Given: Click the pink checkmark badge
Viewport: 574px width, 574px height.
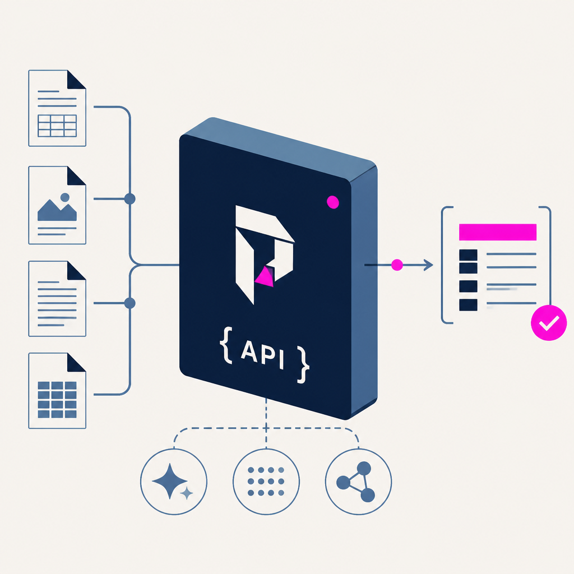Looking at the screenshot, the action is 549,322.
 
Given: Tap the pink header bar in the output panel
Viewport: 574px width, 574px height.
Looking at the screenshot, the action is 498,232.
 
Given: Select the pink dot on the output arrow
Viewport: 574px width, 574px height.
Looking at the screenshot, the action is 397,265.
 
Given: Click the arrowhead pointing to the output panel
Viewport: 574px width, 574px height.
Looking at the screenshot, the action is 429,265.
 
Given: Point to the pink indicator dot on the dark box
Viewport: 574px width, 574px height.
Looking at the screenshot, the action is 333,202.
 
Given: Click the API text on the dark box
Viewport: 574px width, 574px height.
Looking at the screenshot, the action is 262,354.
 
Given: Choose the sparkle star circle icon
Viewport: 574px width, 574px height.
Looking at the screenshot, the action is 174,482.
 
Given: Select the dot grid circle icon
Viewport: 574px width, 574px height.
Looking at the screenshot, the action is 266,482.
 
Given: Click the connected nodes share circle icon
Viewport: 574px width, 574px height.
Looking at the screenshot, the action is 358,482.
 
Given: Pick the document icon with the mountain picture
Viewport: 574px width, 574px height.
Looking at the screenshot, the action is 57,205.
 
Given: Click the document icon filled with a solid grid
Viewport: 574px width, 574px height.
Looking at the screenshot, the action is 57,391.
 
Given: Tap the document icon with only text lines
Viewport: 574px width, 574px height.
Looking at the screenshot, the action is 57,299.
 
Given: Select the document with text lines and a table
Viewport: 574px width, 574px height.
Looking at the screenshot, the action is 57,108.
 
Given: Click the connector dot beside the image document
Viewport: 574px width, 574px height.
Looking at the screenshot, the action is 130,199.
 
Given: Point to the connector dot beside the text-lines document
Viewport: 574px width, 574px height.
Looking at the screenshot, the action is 130,303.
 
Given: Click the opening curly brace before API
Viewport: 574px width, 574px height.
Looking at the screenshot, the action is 226,345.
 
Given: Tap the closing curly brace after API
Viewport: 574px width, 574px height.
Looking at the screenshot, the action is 303,364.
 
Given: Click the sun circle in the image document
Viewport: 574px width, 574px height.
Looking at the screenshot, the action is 65,198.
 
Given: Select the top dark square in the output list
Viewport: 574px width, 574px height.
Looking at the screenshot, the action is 468,256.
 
